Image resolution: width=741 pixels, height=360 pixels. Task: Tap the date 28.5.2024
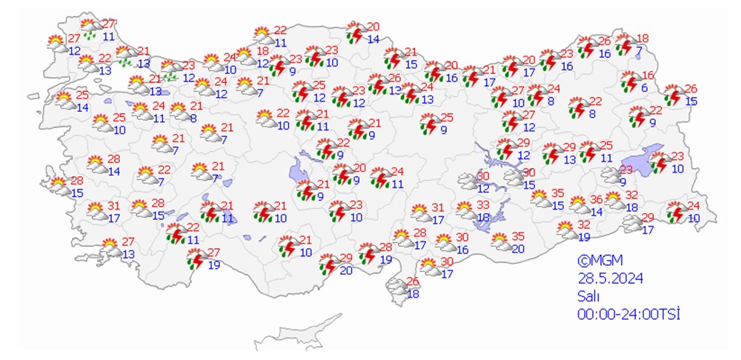point(610,278)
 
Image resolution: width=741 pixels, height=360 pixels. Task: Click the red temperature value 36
point(596,199)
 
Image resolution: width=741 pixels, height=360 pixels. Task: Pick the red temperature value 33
point(482,204)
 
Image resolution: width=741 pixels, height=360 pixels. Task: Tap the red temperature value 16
point(648,76)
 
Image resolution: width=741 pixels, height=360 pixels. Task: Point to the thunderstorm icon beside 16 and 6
point(631,81)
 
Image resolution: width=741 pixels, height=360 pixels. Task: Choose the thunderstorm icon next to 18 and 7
point(625,45)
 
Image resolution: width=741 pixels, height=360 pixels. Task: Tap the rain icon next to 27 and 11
point(90,29)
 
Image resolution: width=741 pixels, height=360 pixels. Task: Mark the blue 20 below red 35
point(517,248)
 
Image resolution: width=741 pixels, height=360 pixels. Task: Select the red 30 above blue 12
point(483,176)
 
